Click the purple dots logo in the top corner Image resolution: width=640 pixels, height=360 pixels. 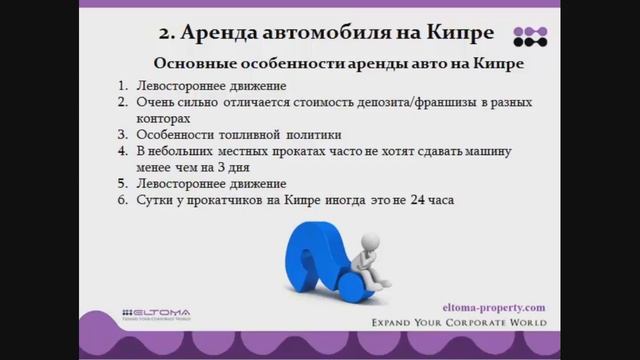530,36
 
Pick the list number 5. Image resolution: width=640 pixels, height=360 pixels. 122,184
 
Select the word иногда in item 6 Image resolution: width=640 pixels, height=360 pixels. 330,200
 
